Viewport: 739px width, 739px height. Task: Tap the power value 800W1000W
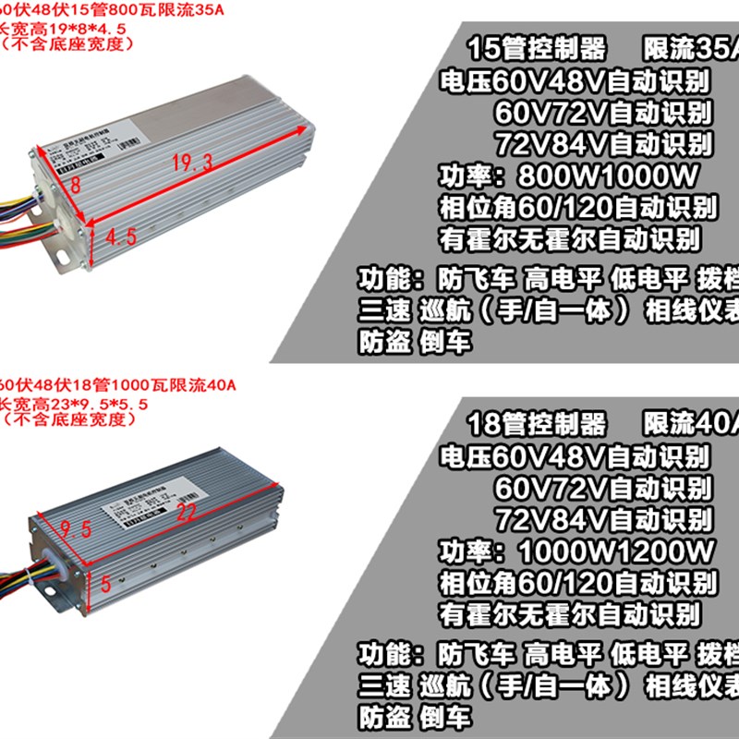click(x=608, y=176)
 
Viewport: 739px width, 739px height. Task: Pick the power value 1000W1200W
click(x=617, y=551)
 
